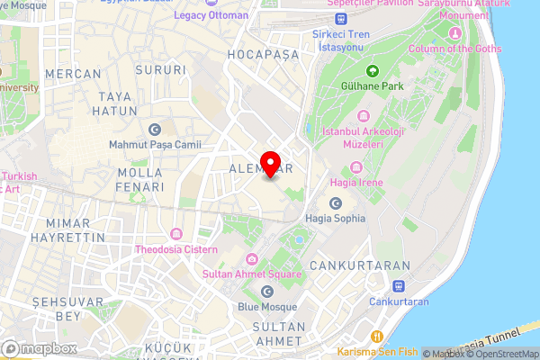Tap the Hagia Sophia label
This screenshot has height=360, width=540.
[335, 218]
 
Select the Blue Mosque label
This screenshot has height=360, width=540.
[266, 306]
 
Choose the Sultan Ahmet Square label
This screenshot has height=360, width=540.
[251, 273]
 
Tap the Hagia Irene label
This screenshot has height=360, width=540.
[356, 183]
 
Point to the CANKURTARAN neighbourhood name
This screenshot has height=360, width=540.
[359, 266]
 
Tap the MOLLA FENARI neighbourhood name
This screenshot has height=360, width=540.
[140, 178]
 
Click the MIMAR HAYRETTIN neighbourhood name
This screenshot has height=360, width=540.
[60, 229]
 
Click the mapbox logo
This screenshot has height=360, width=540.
[39, 348]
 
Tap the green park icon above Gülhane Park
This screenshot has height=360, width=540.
[371, 71]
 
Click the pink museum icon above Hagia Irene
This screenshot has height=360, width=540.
[356, 167]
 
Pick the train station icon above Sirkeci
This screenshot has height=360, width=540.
[341, 18]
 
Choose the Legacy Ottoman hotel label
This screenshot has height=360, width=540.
[211, 15]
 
